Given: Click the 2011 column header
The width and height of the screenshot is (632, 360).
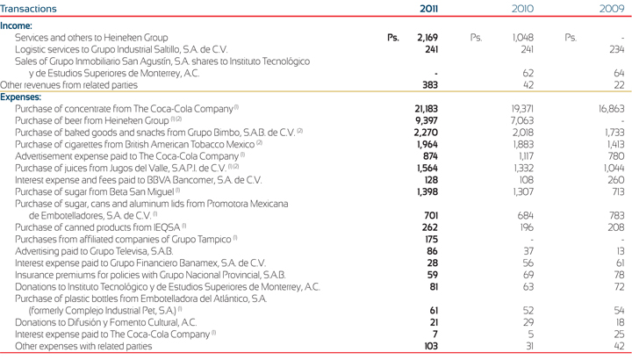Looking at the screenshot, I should point(427,8).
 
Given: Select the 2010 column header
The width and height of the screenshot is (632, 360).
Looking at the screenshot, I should point(523,8).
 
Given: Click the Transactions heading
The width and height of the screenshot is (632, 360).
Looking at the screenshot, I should point(29,9).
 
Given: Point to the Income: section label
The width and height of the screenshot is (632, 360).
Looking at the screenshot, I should point(18,26).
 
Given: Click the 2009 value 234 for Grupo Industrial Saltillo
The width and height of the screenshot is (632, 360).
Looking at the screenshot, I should point(615,50).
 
